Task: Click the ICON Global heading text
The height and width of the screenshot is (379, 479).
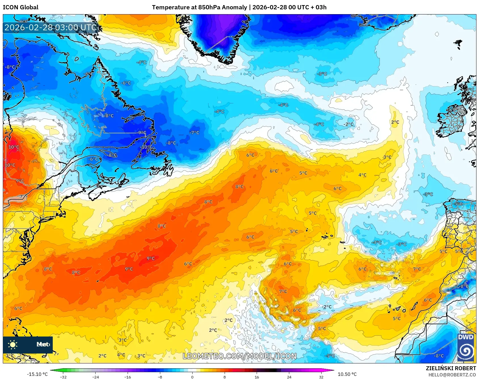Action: (20, 7)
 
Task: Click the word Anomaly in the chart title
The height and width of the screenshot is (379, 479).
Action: (234, 7)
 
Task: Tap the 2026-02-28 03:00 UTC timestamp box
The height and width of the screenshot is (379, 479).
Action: (51, 27)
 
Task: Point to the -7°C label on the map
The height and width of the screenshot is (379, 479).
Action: (195, 133)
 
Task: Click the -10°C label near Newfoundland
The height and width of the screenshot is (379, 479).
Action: (146, 147)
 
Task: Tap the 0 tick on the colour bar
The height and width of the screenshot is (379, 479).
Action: (192, 377)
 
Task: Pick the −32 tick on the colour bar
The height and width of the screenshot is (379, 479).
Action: (63, 377)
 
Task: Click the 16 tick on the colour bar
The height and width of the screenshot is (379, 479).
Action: (257, 377)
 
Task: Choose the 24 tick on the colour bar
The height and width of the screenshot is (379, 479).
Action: (289, 377)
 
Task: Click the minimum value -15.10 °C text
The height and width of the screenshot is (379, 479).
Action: (37, 374)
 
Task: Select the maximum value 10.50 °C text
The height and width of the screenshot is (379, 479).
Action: (347, 374)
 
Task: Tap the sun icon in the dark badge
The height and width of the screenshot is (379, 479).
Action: (12, 345)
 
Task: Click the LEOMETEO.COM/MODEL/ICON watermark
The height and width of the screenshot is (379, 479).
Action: (239, 356)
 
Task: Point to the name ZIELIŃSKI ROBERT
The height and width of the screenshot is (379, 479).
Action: (451, 368)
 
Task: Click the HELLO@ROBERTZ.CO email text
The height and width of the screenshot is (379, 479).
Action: (452, 375)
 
